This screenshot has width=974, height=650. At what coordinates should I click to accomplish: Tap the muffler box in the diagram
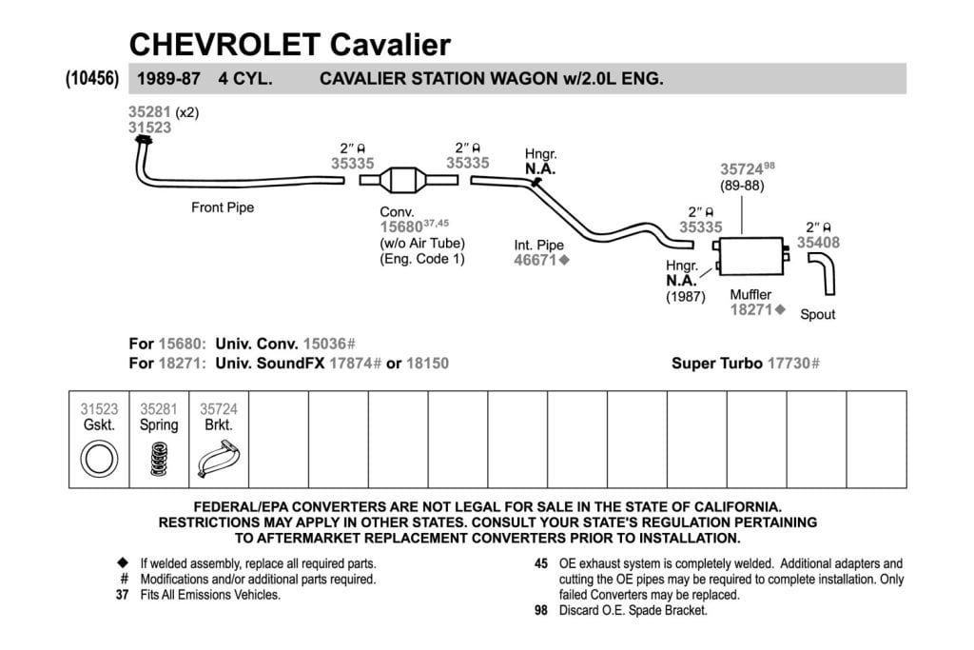pos(751,255)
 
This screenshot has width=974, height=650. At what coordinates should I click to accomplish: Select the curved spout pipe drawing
pos(823,273)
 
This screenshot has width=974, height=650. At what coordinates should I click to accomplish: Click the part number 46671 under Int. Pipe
pos(535,261)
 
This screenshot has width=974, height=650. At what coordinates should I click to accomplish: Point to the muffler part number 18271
pos(751,309)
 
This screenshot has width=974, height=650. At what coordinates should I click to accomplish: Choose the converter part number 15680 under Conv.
pos(401,227)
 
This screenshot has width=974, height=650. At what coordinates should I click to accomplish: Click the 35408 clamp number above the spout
pos(818,243)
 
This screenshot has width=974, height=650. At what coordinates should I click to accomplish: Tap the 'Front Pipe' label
pos(223,207)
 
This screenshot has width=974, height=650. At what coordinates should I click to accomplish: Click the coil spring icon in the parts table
pos(159,459)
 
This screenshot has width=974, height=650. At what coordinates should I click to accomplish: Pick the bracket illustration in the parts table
pos(219,459)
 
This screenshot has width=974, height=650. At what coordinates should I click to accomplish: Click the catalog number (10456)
pos(92,79)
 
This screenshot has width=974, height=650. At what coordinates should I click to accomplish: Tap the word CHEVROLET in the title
pos(224,45)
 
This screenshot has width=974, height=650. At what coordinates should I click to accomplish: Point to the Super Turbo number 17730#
pos(793,364)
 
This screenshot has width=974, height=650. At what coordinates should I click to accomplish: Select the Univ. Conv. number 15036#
pos(329,345)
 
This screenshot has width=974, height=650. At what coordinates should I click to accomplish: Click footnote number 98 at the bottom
pos(541,610)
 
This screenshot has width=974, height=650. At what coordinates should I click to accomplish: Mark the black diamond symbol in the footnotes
pos(123,563)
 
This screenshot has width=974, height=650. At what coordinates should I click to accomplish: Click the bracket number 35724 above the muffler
pos(742,169)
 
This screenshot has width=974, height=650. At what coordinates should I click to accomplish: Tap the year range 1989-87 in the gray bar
pos(168,79)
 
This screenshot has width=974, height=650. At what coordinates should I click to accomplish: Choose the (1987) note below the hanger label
pos(686,297)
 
